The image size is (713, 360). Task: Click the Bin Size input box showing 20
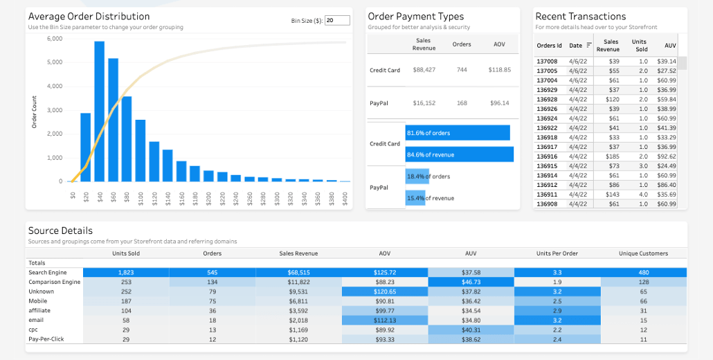tap(337, 21)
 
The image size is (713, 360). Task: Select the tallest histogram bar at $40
tap(99, 111)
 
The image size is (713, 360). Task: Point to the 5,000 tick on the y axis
tap(55, 62)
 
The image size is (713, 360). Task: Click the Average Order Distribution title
tap(89, 16)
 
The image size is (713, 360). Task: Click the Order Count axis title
tap(34, 111)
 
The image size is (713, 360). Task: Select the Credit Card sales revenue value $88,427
tap(424, 70)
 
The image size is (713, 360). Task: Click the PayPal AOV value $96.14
tap(499, 103)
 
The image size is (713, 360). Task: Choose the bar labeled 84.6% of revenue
tap(459, 154)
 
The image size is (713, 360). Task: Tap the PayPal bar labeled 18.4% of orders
tap(417, 177)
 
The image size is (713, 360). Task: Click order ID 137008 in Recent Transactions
tap(547, 62)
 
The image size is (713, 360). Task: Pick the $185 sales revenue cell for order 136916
tap(613, 156)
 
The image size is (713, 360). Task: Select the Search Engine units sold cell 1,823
tap(125, 273)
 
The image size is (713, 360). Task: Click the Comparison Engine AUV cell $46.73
tap(471, 282)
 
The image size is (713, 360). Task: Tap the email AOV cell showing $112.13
tap(385, 321)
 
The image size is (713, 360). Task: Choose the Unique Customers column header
tap(643, 253)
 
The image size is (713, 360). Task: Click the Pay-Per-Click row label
tap(46, 339)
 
